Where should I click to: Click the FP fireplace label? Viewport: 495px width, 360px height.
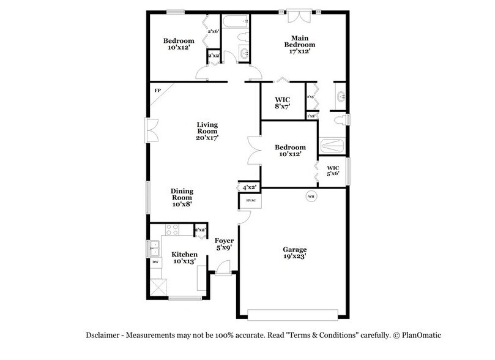pos(157,91)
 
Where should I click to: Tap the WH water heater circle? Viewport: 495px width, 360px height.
pos(311,197)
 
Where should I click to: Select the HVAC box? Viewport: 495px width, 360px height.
pos(250,200)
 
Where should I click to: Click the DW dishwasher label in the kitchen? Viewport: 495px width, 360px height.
pos(155,262)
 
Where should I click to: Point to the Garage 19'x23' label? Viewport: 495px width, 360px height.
pos(295,253)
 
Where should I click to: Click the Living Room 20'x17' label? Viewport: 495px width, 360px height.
pos(207,132)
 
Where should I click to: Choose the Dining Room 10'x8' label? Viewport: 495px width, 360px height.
pos(181,197)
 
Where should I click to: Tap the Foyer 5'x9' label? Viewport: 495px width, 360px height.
pos(223,244)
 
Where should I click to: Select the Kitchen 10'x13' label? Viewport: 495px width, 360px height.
pos(184,258)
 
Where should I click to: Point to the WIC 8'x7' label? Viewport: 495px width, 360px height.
pos(282,103)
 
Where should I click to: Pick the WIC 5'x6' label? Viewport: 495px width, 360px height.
pos(333,171)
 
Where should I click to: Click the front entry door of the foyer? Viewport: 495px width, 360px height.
pos(224,268)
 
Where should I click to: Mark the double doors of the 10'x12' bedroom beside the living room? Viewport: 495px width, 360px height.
pos(255,151)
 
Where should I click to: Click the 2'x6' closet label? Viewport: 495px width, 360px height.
pos(214,31)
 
